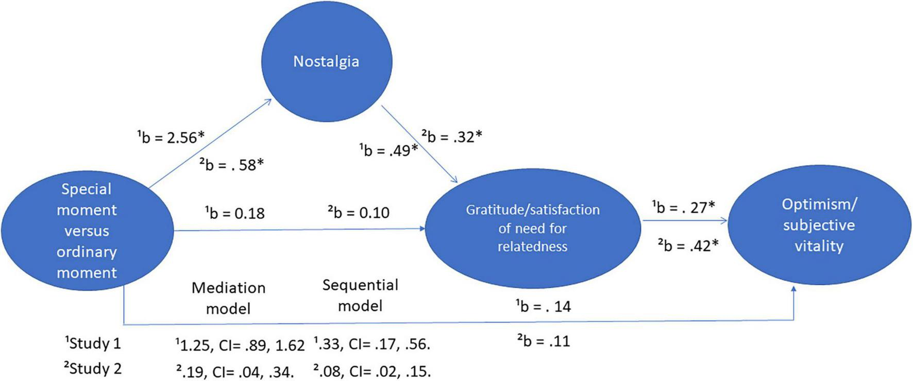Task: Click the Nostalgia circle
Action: [x=326, y=62]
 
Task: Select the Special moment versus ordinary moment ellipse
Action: [x=87, y=231]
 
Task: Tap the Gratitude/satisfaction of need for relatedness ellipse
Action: [x=533, y=228]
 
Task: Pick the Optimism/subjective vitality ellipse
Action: [x=819, y=225]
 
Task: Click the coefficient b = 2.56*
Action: [x=171, y=137]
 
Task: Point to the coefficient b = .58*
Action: [x=232, y=165]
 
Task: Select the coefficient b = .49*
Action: [x=388, y=150]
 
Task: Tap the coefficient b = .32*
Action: [x=452, y=136]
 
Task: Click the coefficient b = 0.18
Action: [x=235, y=213]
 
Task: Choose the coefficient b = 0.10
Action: [x=359, y=212]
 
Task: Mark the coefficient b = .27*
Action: [x=683, y=207]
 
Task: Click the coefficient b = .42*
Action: [x=688, y=246]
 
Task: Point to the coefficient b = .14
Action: [x=544, y=306]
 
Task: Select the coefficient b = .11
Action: [x=544, y=341]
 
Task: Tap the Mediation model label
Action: [x=228, y=298]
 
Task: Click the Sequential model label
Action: [x=360, y=296]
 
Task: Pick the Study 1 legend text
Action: [x=93, y=343]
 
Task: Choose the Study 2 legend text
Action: [x=93, y=369]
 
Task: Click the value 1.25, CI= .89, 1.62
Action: [x=240, y=345]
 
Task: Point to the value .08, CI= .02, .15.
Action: [x=371, y=371]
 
